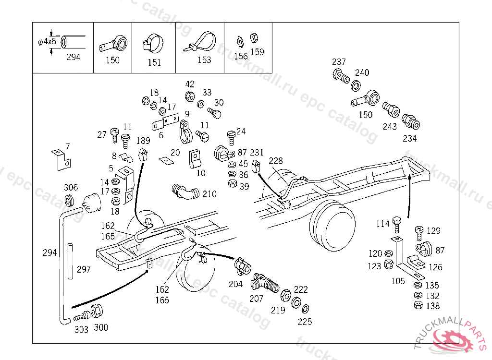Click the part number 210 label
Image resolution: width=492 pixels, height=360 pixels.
point(209,194)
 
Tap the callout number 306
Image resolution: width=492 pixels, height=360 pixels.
point(71,188)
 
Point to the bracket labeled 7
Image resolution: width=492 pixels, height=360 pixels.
point(61,160)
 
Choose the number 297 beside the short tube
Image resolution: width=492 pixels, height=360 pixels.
point(84,269)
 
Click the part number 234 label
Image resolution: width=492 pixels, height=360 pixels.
point(410,139)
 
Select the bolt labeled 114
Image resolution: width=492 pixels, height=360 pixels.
point(396,223)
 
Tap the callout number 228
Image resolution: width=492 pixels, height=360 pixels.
point(276,161)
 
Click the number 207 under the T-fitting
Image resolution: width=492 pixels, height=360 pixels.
point(256,299)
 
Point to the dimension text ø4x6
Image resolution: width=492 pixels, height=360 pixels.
point(47,41)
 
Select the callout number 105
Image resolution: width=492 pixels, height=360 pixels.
point(398,281)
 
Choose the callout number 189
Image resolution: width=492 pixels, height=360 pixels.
point(143,141)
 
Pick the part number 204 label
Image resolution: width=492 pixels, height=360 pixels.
point(235,284)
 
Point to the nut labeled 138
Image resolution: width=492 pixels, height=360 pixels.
point(418,305)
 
